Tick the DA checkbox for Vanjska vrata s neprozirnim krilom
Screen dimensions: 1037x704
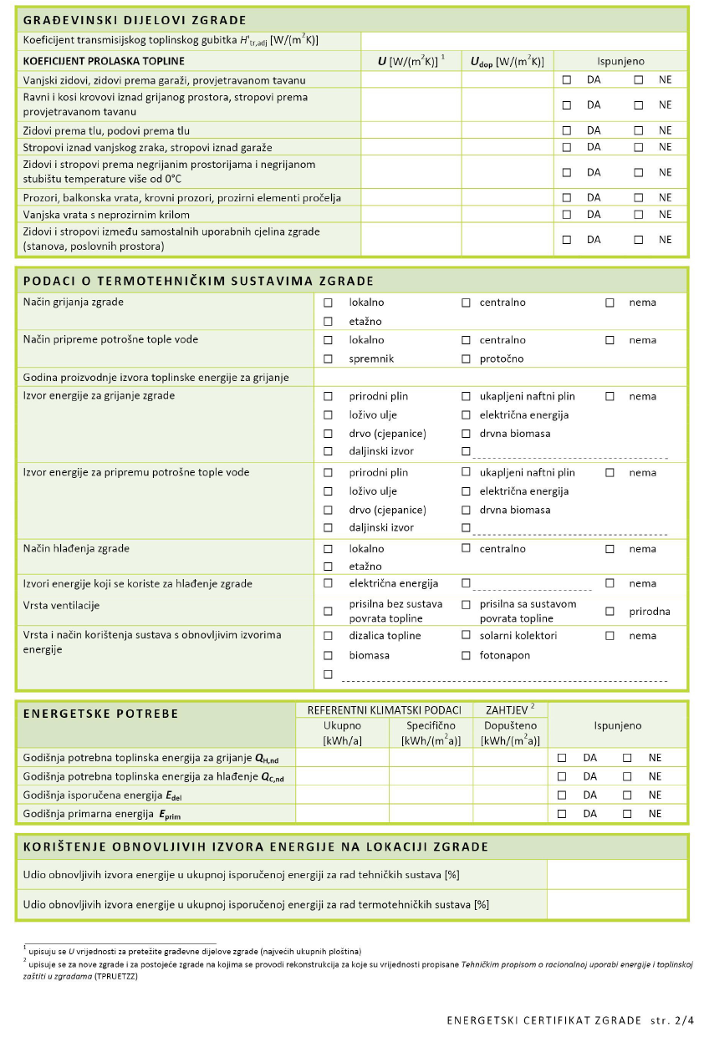(567, 215)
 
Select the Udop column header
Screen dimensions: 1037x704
(507, 61)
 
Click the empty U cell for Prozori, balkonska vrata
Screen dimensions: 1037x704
(411, 197)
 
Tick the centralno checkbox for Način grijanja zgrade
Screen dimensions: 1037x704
(467, 302)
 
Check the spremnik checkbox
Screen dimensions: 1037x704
(329, 358)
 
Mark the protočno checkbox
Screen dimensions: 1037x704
(467, 358)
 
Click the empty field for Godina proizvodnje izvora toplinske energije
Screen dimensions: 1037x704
(500, 378)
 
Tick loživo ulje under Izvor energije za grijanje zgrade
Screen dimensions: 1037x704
(329, 415)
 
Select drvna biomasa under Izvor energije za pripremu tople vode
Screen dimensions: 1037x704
(467, 510)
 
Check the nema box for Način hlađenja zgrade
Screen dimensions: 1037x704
(610, 549)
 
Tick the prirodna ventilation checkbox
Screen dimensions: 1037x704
(610, 612)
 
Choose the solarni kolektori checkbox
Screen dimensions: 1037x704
(467, 636)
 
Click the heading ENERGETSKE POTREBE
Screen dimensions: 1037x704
(100, 714)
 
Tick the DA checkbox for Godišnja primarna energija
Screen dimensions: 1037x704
(563, 813)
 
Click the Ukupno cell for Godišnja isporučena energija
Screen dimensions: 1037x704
(342, 795)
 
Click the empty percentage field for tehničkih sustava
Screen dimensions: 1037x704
(617, 875)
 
